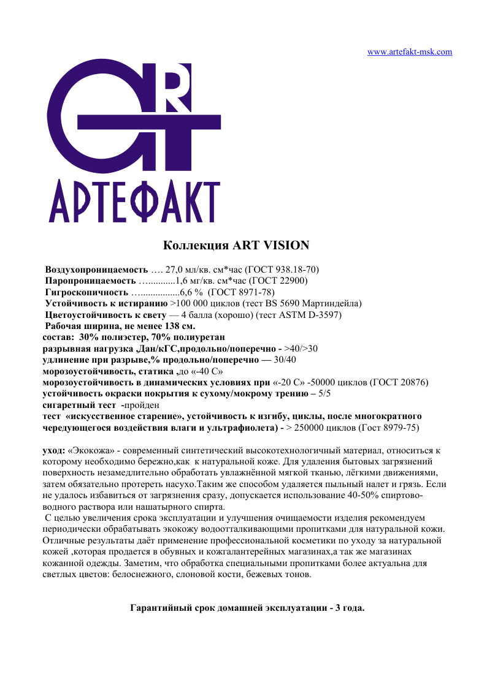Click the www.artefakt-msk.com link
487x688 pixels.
pos(409,52)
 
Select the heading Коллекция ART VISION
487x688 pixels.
pos(236,246)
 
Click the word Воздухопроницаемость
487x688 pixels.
pos(97,270)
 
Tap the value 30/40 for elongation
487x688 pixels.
pos(285,360)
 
